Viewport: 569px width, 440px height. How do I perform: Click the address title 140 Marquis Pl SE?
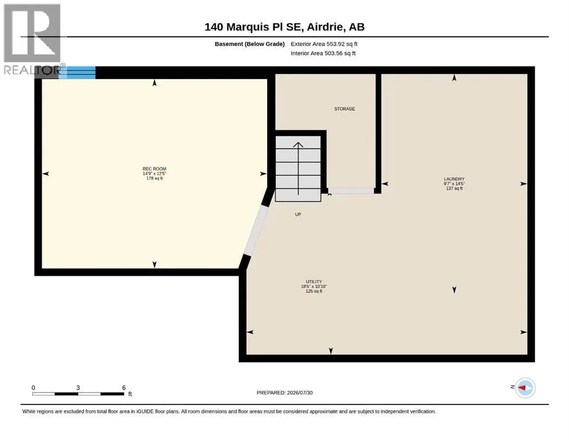tap(254, 27)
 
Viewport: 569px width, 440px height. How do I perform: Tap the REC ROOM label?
tap(154, 168)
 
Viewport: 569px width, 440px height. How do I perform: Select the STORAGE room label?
tap(344, 109)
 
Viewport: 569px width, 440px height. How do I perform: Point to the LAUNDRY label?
tap(454, 179)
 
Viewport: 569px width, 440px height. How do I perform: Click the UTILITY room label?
tap(313, 281)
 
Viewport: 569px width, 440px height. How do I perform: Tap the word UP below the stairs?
tap(298, 214)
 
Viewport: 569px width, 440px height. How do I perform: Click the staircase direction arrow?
tap(298, 168)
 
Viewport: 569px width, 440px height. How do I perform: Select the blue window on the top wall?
tap(77, 73)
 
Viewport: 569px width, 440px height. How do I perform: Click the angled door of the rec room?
tap(256, 231)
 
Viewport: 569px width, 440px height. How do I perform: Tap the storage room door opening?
tap(351, 191)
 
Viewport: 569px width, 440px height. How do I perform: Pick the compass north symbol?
tap(525, 388)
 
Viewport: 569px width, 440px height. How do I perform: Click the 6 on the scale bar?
tap(124, 387)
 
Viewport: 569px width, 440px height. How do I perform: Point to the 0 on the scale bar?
tap(33, 387)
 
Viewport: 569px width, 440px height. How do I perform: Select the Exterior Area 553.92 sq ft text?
tap(324, 44)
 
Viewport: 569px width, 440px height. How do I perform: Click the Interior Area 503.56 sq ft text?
tap(323, 53)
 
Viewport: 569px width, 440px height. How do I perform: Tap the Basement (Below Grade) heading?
tap(250, 44)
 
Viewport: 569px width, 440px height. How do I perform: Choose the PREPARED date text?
tap(284, 392)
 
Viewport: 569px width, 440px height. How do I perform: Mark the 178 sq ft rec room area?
tap(154, 178)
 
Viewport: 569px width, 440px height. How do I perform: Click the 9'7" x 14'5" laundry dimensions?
tap(454, 183)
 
